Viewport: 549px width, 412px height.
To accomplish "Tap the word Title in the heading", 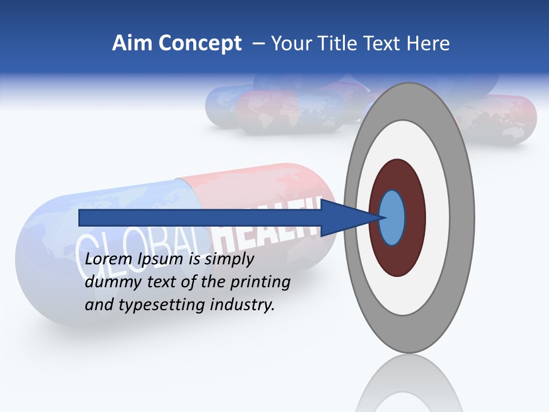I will (340, 43).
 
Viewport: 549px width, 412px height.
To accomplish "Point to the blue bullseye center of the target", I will (392, 218).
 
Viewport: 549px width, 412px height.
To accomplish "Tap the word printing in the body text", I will (260, 283).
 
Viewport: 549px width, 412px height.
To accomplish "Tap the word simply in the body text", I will (229, 259).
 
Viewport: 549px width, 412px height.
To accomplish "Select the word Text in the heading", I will (385, 43).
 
